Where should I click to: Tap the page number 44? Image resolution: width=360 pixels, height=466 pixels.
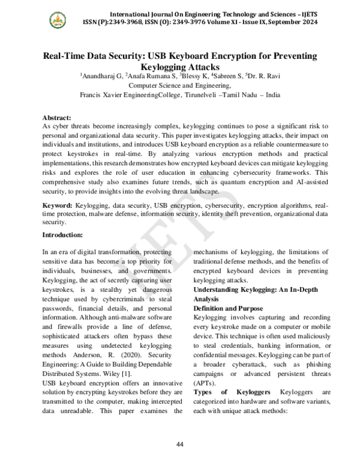coord(179,444)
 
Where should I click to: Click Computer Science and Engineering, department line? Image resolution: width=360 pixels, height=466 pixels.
coord(180,86)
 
